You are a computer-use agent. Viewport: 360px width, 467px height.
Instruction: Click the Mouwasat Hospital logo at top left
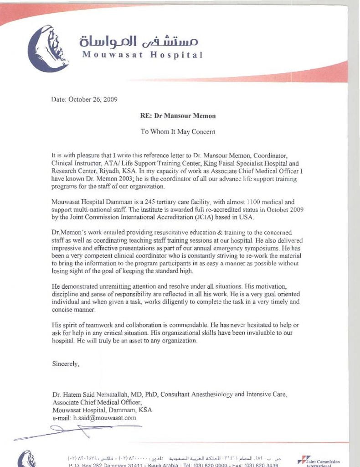pyautogui.click(x=47, y=47)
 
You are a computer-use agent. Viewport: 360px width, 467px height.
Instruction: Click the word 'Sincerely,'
pyautogui.click(x=66, y=364)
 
